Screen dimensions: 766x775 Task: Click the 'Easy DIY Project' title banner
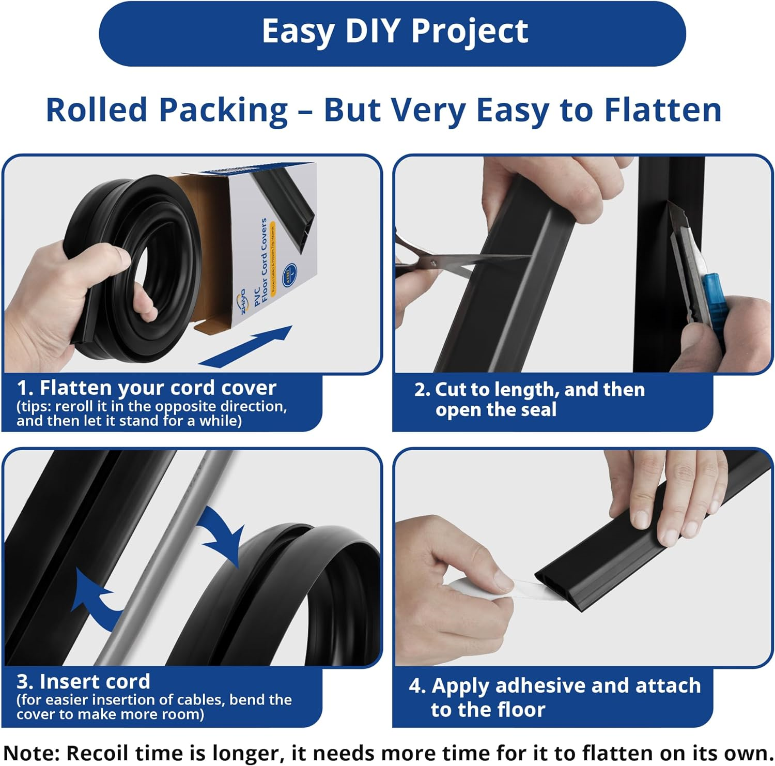click(x=393, y=32)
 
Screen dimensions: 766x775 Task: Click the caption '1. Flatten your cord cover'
click(x=147, y=388)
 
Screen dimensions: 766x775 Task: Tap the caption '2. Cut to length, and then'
click(x=530, y=389)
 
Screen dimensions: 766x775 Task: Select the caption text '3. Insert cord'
click(x=84, y=681)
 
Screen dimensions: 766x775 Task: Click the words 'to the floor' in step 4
click(x=488, y=710)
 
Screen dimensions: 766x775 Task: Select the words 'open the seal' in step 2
click(x=495, y=410)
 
